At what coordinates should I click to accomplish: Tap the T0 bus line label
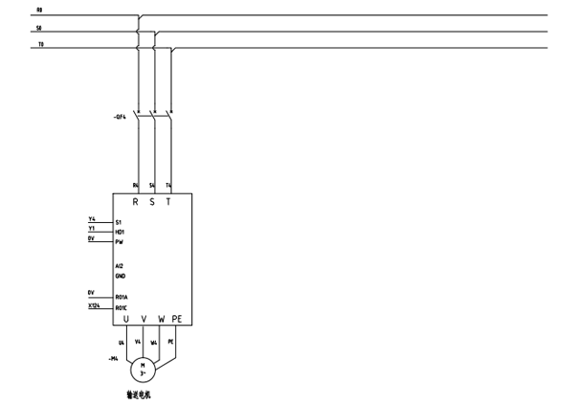pos(39,44)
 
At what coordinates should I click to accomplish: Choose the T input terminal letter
pos(170,203)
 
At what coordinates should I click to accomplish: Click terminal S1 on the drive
pos(119,222)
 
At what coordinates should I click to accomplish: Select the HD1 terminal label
pos(120,232)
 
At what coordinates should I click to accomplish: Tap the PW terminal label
pos(120,242)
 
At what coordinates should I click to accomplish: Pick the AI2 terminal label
pos(119,265)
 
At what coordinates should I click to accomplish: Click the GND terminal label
pos(120,275)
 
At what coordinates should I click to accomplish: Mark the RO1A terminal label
pos(121,298)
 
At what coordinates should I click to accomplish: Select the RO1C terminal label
pos(121,308)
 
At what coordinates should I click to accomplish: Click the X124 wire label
pos(94,305)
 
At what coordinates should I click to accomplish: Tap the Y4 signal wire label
pos(92,219)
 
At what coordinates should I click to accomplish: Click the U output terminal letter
pos(127,319)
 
